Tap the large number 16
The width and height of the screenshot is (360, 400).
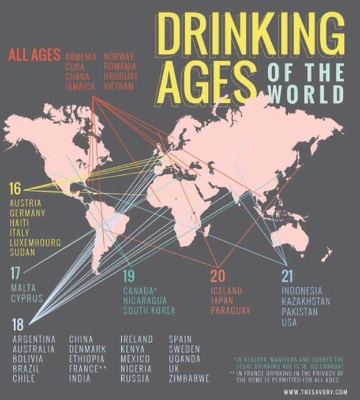coord(15,189)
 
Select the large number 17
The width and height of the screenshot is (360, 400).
coord(16,272)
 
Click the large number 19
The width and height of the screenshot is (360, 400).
coord(129,276)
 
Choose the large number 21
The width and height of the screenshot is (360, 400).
coord(287,276)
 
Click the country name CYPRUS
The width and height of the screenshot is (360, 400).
coord(27,299)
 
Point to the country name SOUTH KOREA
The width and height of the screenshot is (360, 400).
coord(149,311)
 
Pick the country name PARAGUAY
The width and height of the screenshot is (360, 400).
coord(230,311)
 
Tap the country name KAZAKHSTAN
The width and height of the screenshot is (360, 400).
coord(306,301)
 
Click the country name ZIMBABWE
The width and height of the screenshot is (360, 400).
coord(189,379)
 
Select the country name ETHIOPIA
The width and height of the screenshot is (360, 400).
coord(87,359)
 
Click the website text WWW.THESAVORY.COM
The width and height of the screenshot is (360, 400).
coord(315,392)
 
